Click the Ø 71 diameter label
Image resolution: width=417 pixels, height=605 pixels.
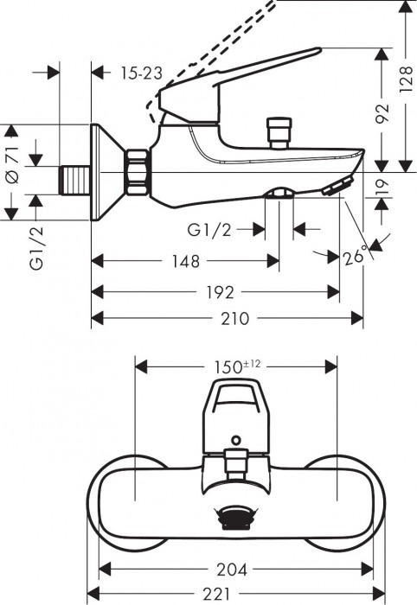[x=11, y=164]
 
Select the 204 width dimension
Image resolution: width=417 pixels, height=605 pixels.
[x=233, y=570]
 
